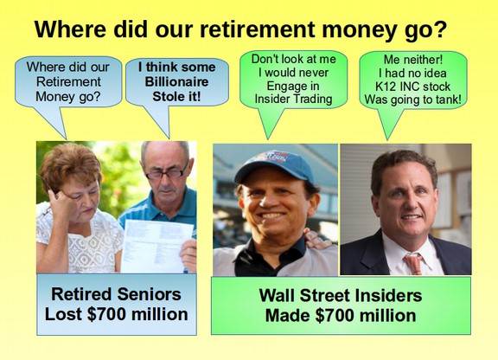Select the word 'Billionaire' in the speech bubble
pyautogui.click(x=176, y=81)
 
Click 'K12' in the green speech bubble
pyautogui.click(x=385, y=87)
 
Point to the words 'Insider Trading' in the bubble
pyautogui.click(x=293, y=99)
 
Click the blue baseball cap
pyautogui.click(x=274, y=167)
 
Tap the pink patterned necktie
pyautogui.click(x=412, y=263)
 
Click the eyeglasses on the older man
pyautogui.click(x=167, y=173)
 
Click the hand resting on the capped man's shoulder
pyautogui.click(x=316, y=240)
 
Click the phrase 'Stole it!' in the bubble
pyautogui.click(x=176, y=96)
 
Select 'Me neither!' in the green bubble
pyautogui.click(x=413, y=60)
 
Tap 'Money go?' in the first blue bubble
pyautogui.click(x=68, y=96)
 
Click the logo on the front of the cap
pyautogui.click(x=274, y=157)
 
